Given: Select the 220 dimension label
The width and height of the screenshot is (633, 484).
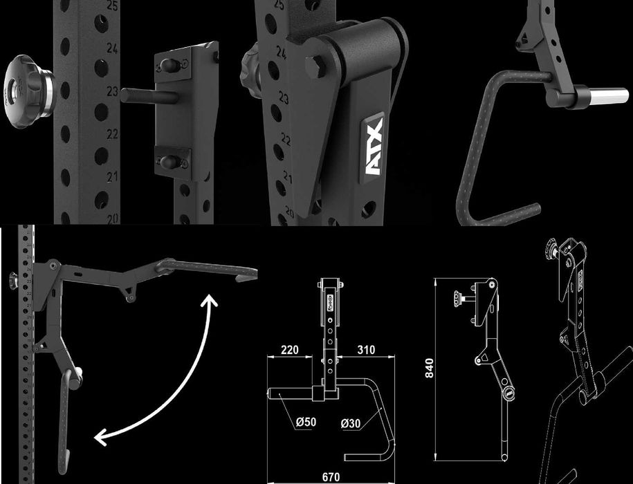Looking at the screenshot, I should pos(290,350).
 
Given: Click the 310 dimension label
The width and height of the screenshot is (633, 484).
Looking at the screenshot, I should pos(366,350).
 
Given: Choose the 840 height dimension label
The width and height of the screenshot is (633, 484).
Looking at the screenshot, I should pos(429,371).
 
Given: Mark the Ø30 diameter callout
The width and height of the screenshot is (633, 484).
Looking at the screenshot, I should pos(350,422).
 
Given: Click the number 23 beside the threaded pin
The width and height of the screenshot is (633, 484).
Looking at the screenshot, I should pos(111,91).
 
